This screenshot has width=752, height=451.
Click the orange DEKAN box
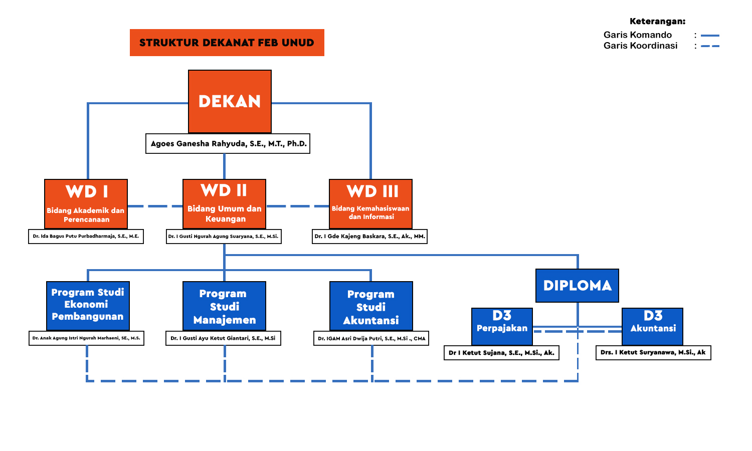click(230, 101)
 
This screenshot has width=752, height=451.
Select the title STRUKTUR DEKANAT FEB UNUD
click(227, 43)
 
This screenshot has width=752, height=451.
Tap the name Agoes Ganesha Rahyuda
click(228, 144)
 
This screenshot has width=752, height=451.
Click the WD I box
click(86, 204)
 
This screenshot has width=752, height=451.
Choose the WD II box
click(224, 203)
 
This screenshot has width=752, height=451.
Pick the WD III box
click(370, 203)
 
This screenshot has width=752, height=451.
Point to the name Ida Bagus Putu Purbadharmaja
click(86, 237)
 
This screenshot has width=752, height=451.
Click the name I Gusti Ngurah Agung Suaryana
click(224, 237)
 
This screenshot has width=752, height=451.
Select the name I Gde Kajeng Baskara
click(370, 237)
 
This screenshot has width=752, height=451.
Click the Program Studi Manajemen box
click(224, 306)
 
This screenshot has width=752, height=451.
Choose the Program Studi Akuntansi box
click(371, 306)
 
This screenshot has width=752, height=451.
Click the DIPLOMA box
click(577, 286)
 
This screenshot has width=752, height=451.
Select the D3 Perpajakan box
click(502, 326)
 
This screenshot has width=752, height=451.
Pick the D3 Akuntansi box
click(652, 326)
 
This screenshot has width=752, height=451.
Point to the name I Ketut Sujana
click(501, 353)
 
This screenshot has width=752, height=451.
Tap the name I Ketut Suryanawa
click(653, 353)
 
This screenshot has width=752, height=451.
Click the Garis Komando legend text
click(638, 35)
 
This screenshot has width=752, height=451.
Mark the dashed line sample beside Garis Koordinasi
click(710, 46)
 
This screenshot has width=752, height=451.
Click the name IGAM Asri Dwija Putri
click(371, 339)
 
